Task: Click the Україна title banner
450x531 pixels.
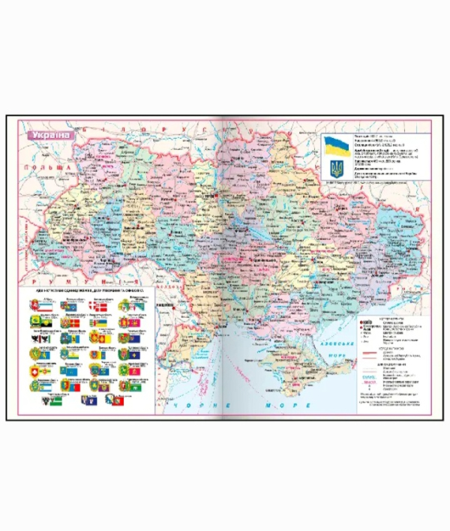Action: click(51, 135)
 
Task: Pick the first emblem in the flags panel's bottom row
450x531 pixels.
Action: click(32, 398)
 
